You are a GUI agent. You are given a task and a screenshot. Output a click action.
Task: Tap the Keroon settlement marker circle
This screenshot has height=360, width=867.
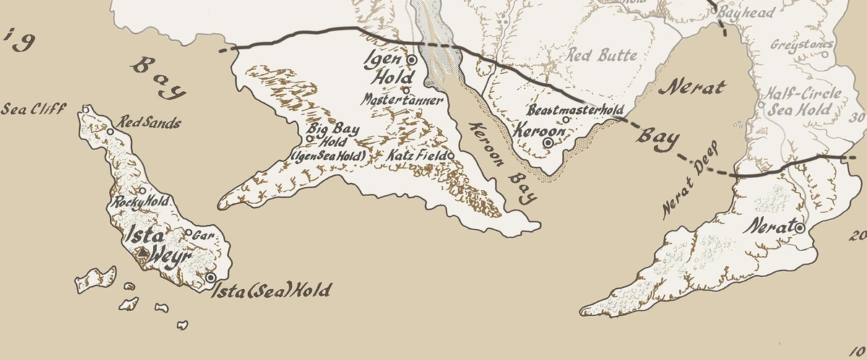[x=548, y=143]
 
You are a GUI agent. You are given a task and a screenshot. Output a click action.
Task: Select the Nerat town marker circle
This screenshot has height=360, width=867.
[x=800, y=228]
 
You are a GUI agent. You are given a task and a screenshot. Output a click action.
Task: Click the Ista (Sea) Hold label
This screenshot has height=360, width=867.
[x=271, y=291]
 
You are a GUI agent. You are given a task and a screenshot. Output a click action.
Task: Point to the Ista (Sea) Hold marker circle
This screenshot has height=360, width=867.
[x=210, y=278]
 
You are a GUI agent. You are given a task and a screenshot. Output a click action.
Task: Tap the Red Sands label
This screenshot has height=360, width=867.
[x=150, y=123]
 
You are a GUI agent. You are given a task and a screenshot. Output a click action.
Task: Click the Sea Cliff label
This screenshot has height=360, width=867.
[x=33, y=109]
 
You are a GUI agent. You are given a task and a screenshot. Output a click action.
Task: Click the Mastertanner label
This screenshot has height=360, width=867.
[x=402, y=100]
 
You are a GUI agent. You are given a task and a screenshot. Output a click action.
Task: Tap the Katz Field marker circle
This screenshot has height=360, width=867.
[x=450, y=155]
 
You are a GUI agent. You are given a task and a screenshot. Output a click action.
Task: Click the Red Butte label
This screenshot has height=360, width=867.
[x=602, y=55]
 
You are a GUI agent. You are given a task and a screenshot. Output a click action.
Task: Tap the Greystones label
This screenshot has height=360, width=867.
[x=802, y=45]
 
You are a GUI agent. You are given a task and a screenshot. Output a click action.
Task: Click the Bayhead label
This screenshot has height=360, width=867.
[x=748, y=12]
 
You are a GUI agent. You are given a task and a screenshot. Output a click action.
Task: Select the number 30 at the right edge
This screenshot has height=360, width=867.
[x=859, y=118]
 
